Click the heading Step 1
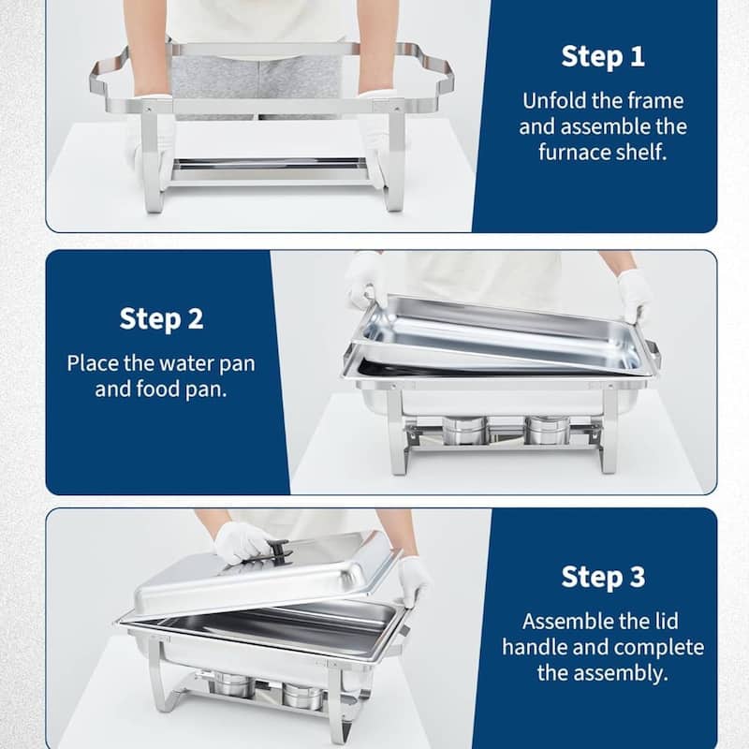pyautogui.click(x=603, y=56)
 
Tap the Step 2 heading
pyautogui.click(x=161, y=319)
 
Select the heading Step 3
pyautogui.click(x=603, y=577)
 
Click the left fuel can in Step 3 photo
pyautogui.click(x=233, y=685)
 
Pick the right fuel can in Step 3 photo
pyautogui.click(x=301, y=696)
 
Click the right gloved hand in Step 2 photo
pyautogui.click(x=634, y=294)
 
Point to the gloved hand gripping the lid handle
pyautogui.click(x=242, y=542)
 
